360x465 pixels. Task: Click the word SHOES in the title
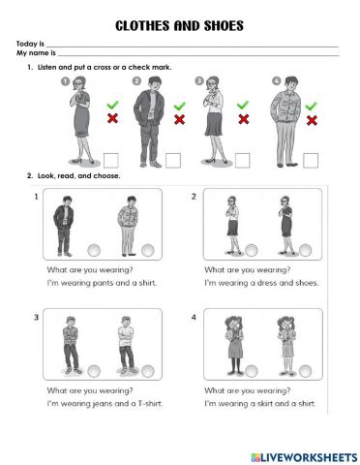(224, 26)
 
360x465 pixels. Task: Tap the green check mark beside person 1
(112, 105)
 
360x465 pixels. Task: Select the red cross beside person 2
(179, 119)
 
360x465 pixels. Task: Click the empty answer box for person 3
(242, 161)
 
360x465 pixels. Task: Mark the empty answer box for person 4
(311, 161)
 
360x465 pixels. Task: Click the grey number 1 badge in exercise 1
(66, 81)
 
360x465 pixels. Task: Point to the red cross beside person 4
(312, 120)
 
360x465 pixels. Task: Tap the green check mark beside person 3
(243, 105)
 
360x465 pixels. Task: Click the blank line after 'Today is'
(193, 46)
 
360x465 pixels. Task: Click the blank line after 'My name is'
(198, 56)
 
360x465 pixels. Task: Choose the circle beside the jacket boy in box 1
(94, 250)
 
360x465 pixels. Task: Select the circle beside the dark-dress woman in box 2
(305, 250)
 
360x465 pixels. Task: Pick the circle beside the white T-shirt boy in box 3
(148, 371)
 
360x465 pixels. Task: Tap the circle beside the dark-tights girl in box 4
(252, 371)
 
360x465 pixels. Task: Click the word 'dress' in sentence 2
(265, 283)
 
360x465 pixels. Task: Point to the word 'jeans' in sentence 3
(102, 404)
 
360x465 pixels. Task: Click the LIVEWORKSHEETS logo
(304, 457)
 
